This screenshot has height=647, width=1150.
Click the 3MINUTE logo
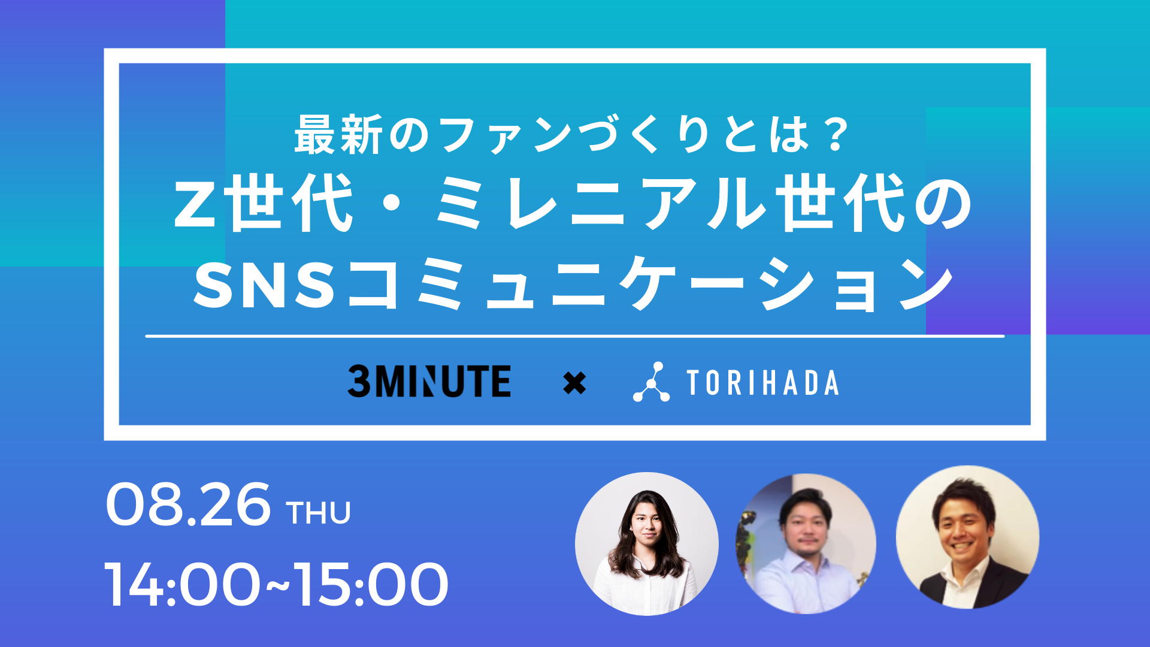click(429, 382)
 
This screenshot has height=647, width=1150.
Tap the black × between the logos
click(574, 383)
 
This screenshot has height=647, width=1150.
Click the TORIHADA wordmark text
click(762, 383)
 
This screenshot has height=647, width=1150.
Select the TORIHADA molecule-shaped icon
click(651, 382)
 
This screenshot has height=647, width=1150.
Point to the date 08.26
click(188, 504)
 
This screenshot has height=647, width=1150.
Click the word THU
click(318, 513)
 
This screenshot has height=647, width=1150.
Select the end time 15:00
click(371, 584)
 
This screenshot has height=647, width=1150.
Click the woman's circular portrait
click(647, 543)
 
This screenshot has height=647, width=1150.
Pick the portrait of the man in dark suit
click(967, 537)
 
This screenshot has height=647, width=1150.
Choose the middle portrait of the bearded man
click(806, 543)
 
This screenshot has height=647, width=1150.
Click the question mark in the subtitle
click(834, 134)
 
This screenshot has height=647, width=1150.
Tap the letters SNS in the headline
click(264, 287)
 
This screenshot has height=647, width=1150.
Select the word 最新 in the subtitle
click(338, 134)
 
